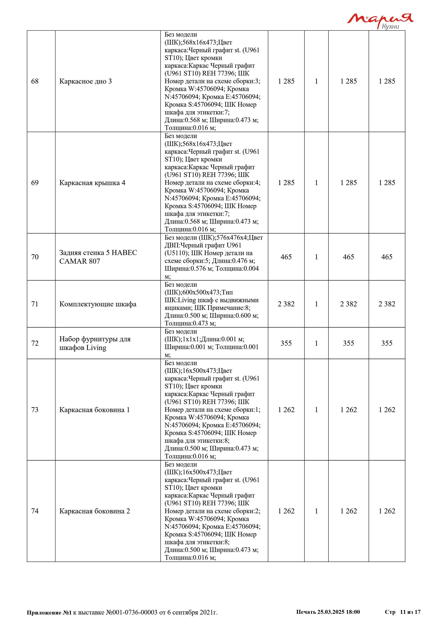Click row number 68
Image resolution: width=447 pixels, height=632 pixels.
click(x=35, y=81)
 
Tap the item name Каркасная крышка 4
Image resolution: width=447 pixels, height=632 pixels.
click(x=92, y=183)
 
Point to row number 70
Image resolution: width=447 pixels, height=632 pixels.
click(x=35, y=257)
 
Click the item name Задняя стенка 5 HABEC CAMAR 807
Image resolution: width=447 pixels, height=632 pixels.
click(x=98, y=257)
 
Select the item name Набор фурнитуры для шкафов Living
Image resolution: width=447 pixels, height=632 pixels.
click(x=95, y=343)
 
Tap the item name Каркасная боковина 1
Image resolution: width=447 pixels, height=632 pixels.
click(x=94, y=410)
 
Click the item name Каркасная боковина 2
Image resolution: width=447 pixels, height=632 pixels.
click(x=94, y=511)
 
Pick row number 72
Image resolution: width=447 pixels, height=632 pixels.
click(x=35, y=343)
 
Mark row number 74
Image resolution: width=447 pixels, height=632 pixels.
click(x=35, y=511)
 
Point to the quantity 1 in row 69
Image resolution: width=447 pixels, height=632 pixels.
click(x=316, y=183)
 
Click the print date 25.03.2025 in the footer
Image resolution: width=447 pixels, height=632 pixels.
click(x=331, y=612)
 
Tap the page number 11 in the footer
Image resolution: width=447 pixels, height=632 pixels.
click(x=403, y=612)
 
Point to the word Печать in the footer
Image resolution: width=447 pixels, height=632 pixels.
click(x=306, y=612)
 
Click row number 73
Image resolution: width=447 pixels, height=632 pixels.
click(x=35, y=410)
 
